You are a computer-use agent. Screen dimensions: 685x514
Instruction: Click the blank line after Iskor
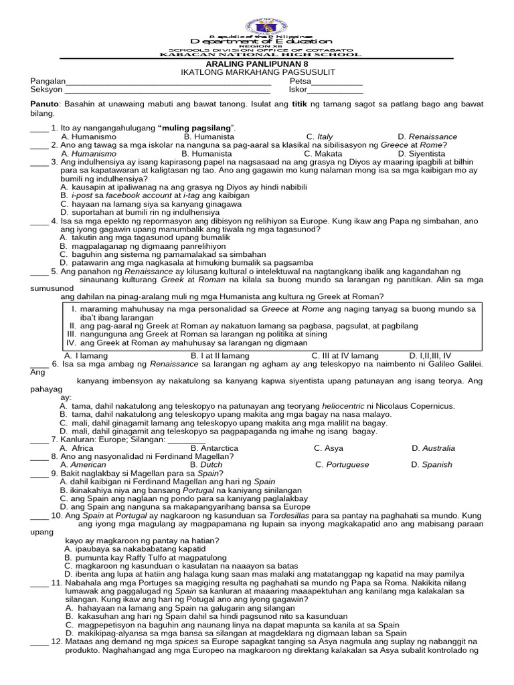[x=335, y=90]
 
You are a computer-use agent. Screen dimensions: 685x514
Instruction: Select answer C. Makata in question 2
[x=323, y=153]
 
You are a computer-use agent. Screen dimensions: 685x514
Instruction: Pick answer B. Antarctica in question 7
[x=214, y=448]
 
